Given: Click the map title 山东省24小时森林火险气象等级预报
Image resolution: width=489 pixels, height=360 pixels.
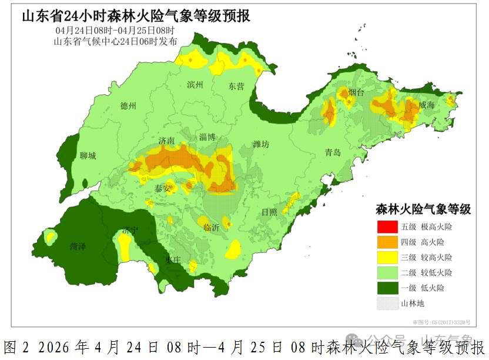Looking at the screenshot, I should pyautogui.click(x=136, y=16).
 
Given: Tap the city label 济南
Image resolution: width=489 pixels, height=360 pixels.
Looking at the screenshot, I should pyautogui.click(x=166, y=141).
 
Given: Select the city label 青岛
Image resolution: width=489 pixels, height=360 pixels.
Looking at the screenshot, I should pyautogui.click(x=333, y=152).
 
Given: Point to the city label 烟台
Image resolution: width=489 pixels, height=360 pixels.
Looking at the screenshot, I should pyautogui.click(x=356, y=93).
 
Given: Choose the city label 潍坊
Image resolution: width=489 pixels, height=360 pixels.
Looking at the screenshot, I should pyautogui.click(x=261, y=144).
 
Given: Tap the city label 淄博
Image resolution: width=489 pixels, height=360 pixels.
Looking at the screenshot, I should pyautogui.click(x=207, y=137).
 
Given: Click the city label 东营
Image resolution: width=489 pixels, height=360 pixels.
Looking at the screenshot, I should pyautogui.click(x=236, y=86).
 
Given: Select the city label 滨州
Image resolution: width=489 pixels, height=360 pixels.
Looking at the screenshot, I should pyautogui.click(x=195, y=85).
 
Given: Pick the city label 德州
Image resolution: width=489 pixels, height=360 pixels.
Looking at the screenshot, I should pyautogui.click(x=128, y=106).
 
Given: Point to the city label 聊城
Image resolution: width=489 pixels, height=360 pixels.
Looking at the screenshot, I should pyautogui.click(x=88, y=156).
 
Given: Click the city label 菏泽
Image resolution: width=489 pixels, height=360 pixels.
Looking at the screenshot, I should pyautogui.click(x=78, y=246).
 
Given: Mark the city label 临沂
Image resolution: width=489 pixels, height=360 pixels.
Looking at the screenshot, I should pyautogui.click(x=210, y=227).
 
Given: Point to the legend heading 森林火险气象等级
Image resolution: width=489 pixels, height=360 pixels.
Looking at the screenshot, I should pyautogui.click(x=423, y=209).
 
